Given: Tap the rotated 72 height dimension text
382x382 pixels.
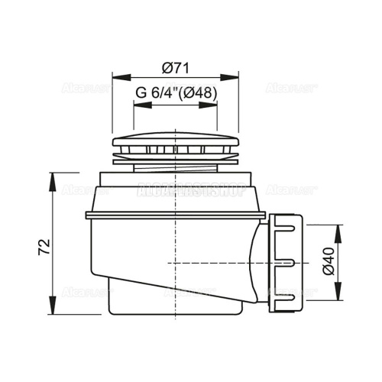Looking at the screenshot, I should (44, 246).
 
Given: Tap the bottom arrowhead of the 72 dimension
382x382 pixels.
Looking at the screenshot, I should (53, 314).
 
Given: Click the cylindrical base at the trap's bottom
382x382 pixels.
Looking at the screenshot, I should (145, 306).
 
